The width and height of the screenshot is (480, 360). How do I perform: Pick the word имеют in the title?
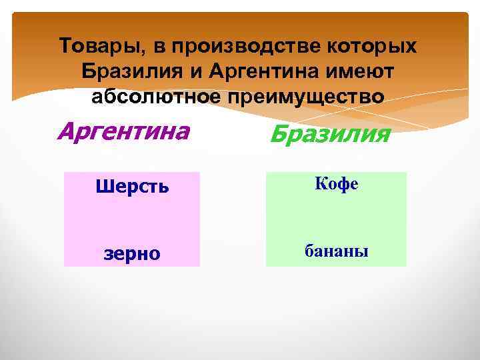point(365,71)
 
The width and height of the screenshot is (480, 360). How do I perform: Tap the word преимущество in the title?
point(305,96)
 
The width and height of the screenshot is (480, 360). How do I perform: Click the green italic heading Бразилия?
point(330,135)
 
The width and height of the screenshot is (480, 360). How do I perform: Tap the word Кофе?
point(337,184)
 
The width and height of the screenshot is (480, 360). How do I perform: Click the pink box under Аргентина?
point(132,220)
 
